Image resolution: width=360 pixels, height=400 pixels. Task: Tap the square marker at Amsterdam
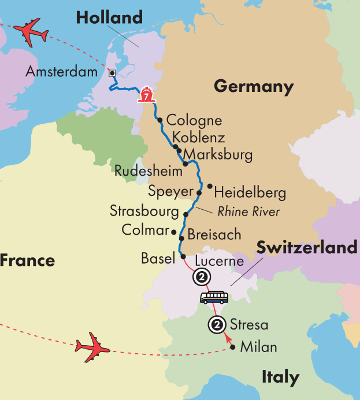point(112,73)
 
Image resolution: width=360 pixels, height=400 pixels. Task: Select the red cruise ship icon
point(146,95)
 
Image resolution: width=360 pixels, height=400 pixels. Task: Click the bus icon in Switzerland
point(214,297)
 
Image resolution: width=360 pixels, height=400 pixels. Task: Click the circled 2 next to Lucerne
point(202,277)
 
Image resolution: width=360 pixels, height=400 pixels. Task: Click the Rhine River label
point(248,212)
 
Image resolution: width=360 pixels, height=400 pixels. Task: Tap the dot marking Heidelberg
point(210,187)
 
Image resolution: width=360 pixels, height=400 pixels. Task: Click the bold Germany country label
point(254,87)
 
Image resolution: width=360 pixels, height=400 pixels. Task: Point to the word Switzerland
point(307,248)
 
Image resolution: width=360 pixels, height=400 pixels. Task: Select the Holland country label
point(110,18)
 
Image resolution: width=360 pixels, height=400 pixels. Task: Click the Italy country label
point(280,378)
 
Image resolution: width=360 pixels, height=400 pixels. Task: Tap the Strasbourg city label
point(144,211)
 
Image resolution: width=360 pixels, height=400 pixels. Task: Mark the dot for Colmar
point(174,231)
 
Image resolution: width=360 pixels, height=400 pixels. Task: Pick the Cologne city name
point(194,121)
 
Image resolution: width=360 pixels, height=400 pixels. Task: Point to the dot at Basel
point(183,257)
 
